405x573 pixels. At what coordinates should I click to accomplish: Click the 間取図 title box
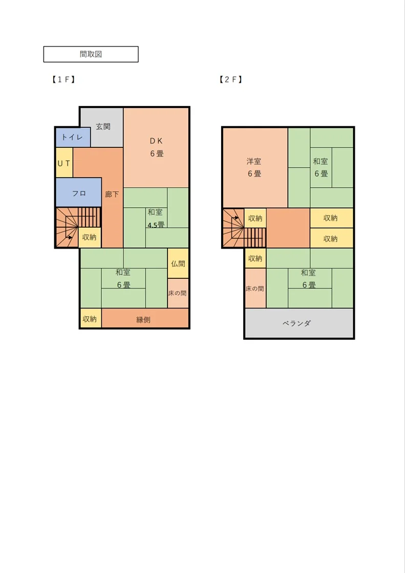point(91,54)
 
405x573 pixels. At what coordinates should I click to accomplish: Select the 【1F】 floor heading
point(63,79)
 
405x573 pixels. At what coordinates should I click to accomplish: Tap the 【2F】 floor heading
point(230,79)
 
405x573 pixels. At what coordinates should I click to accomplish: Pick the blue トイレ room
point(73,138)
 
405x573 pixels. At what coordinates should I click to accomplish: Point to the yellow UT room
point(64,163)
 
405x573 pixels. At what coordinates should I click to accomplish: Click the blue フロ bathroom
point(78,192)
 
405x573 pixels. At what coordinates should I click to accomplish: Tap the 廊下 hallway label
point(112,194)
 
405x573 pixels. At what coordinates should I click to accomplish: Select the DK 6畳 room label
point(156,147)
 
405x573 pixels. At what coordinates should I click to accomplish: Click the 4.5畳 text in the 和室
point(156,225)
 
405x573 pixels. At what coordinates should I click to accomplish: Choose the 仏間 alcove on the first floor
point(178,263)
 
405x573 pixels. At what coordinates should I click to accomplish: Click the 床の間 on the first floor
point(178,294)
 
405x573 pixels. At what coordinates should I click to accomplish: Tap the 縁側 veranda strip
point(145,319)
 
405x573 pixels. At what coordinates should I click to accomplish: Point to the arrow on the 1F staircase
point(69,237)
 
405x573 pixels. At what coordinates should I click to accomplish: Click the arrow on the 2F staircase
point(235,218)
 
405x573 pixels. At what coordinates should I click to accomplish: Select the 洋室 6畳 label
point(254,167)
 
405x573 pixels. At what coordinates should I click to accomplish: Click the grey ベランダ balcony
point(299,323)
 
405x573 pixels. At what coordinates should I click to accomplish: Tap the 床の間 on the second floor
point(255,289)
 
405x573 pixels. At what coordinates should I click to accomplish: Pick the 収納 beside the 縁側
point(90,319)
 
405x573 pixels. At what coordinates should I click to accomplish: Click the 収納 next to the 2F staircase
point(255,218)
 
